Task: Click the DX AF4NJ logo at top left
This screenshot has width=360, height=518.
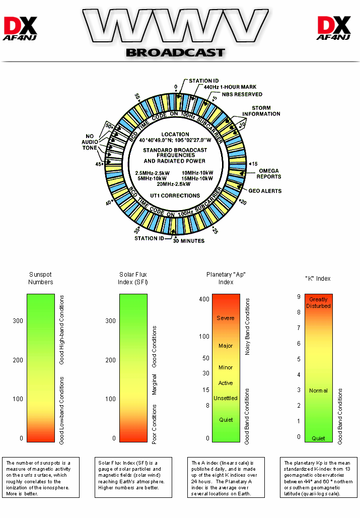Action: click(21, 28)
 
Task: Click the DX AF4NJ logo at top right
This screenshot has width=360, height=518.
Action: click(333, 28)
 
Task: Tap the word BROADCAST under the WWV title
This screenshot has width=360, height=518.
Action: click(175, 52)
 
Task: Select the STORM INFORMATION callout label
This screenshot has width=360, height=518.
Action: click(265, 111)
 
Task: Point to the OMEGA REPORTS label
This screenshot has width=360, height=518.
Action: click(268, 174)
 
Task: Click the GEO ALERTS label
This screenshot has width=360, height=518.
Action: click(265, 191)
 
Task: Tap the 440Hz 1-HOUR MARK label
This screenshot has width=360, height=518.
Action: click(230, 87)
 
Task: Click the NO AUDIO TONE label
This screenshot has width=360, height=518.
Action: click(90, 142)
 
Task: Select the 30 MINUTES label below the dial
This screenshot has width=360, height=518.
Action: click(189, 241)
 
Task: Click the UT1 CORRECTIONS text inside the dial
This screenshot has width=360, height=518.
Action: click(175, 196)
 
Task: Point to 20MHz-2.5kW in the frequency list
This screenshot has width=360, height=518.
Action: click(174, 184)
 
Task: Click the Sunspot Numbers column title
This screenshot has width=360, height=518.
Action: click(41, 278)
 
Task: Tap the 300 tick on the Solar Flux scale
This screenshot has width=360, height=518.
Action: click(110, 320)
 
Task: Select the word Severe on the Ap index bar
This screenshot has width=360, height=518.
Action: click(226, 318)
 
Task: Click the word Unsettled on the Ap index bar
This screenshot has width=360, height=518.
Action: click(226, 398)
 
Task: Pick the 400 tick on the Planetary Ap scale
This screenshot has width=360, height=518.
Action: click(204, 299)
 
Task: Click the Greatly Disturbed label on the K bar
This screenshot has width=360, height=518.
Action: click(318, 302)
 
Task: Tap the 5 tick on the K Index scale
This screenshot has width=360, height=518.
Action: click(299, 359)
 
